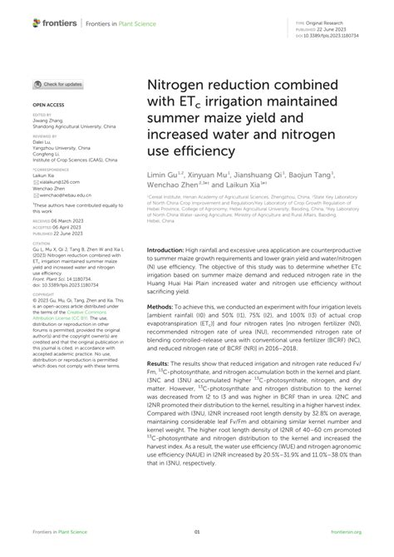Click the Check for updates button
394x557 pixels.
click(57, 84)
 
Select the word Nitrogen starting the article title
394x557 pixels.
click(177, 86)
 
